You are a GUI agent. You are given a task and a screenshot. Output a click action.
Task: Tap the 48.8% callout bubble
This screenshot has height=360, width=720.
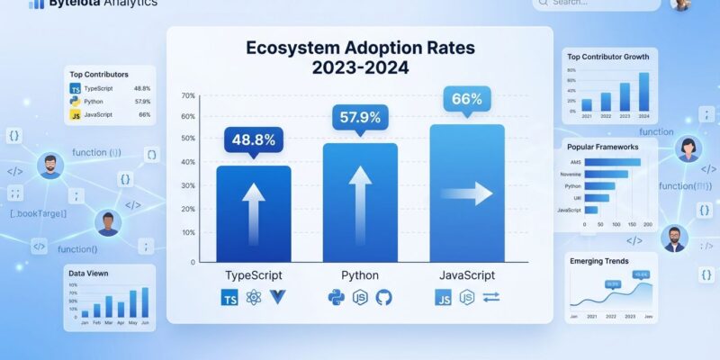click(254, 139)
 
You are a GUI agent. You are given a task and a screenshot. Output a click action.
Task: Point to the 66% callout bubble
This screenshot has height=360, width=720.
click(466, 99)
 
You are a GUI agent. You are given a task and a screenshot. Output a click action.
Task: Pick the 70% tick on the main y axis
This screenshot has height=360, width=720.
click(188, 96)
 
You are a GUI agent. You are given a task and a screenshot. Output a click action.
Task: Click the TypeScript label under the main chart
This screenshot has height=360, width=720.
click(254, 274)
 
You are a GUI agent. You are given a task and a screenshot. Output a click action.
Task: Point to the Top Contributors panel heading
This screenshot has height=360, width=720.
click(99, 74)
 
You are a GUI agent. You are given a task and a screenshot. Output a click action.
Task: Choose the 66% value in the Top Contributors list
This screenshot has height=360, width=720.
click(144, 114)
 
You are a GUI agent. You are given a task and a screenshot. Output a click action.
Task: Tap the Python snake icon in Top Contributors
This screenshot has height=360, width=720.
click(76, 102)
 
